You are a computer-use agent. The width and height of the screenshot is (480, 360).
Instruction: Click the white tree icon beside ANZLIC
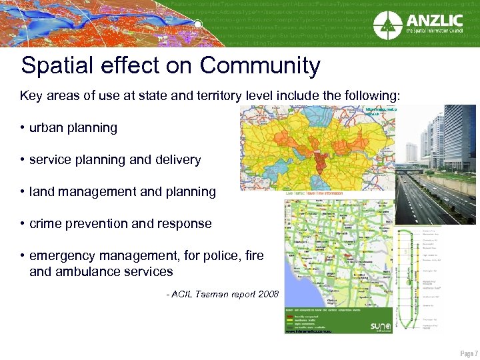[386, 26]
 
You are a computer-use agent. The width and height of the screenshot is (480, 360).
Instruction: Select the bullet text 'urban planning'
[73, 127]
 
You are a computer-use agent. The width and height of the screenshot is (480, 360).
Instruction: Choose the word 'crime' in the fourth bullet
[46, 223]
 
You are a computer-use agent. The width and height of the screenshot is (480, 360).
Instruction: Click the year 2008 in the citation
[267, 294]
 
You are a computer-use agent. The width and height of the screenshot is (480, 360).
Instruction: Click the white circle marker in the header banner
[198, 25]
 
